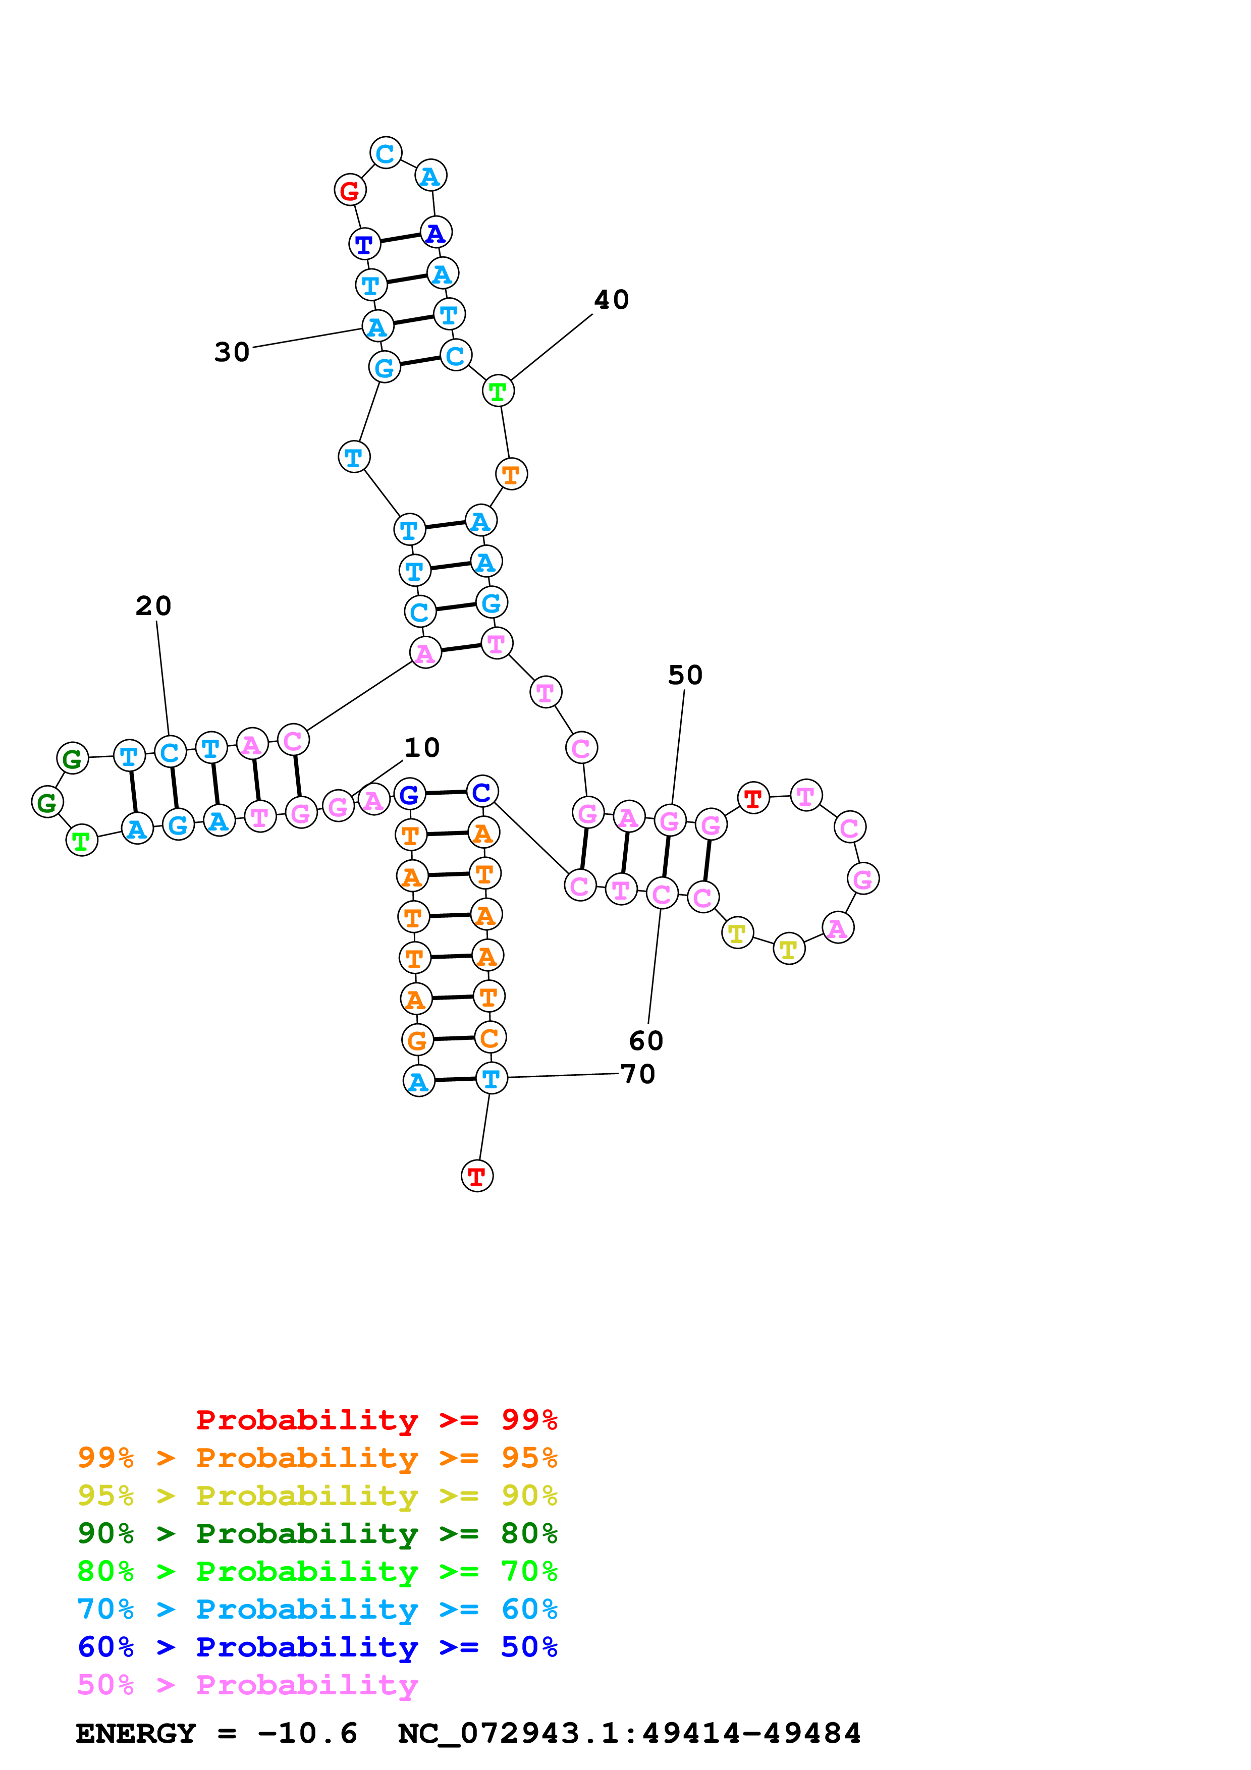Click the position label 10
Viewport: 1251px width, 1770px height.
[x=421, y=747]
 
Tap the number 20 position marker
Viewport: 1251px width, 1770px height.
[x=153, y=606]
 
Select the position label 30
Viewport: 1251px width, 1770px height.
[x=232, y=352]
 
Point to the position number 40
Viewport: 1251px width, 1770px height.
[x=611, y=300]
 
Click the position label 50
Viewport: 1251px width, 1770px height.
[x=685, y=675]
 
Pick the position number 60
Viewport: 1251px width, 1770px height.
[x=646, y=1041]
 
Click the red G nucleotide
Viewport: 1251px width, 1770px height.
[x=350, y=190]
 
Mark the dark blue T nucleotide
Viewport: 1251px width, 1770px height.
[x=364, y=244]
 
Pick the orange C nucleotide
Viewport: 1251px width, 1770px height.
[x=489, y=1038]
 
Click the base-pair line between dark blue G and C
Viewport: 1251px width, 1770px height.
[x=446, y=793]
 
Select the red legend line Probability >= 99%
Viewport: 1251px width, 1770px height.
[x=376, y=1420]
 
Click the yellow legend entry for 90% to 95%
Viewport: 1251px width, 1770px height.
[x=317, y=1496]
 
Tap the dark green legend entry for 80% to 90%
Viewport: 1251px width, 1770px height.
[x=317, y=1533]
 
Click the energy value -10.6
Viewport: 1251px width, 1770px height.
[x=307, y=1734]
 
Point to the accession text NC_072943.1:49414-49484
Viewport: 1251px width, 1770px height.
[x=629, y=1734]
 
